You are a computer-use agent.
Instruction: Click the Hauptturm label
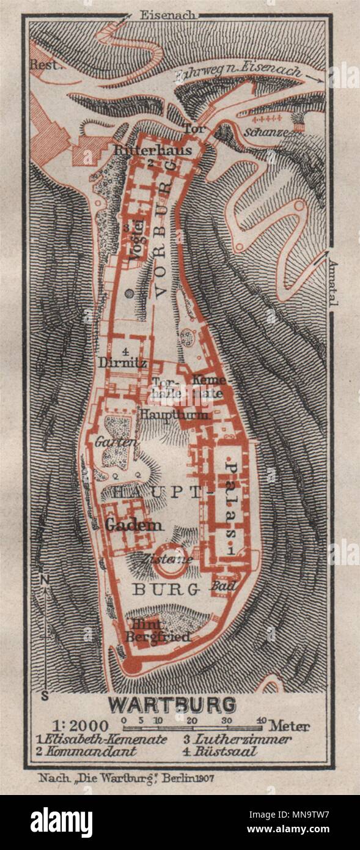[175, 415]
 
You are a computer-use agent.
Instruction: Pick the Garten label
[108, 442]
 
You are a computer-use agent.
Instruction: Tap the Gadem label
[134, 525]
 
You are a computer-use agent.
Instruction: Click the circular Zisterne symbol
[170, 566]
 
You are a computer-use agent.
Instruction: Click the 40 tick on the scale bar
[261, 720]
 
